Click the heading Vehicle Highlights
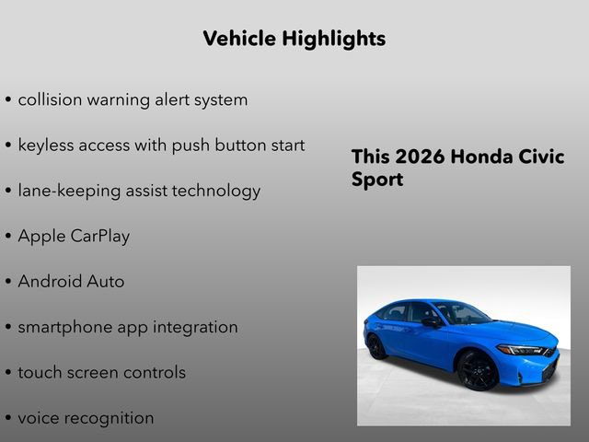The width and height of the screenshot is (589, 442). pos(294,39)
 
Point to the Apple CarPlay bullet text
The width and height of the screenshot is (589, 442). pos(74,236)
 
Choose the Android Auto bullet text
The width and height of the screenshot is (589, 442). pos(71,282)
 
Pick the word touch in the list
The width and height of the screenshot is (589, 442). pos(39,372)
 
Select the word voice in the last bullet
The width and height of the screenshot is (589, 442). pos(39,418)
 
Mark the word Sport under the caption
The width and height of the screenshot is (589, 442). pos(377,180)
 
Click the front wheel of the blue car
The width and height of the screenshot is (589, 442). pos(478,370)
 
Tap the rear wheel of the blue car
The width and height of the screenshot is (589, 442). pos(376,346)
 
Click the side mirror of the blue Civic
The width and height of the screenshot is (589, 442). pos(431,321)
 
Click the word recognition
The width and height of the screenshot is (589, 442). pos(112,418)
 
